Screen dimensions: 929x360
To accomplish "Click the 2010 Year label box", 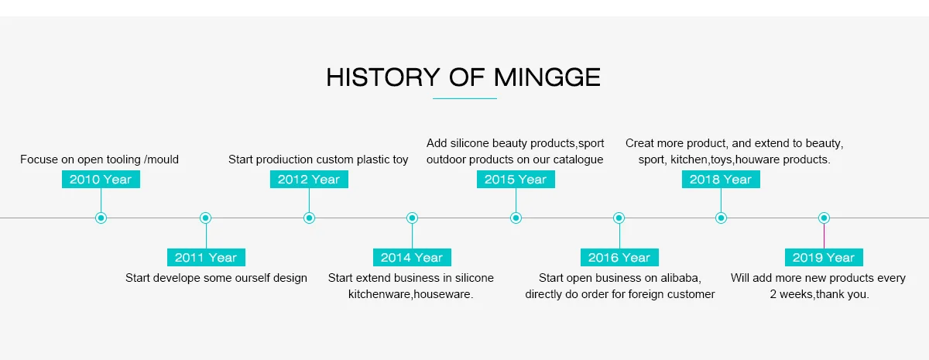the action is coord(101,179).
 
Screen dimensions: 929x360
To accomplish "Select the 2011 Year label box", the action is coord(206,258).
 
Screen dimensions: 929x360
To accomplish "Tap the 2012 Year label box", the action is coord(309,179).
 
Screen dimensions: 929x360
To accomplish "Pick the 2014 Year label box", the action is coord(412,258).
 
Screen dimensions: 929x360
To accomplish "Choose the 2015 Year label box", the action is coord(516,179).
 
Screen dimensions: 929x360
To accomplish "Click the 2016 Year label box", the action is coord(619,258).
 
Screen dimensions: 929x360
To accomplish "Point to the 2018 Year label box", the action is coord(721,179).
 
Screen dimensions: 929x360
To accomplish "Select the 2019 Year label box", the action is coord(824,258).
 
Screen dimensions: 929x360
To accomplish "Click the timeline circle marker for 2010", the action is coord(101,218).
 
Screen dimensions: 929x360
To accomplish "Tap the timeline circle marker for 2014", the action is coord(412,218).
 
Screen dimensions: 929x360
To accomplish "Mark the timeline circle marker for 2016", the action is coord(619,218).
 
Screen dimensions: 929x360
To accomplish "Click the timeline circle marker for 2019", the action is coord(824,218).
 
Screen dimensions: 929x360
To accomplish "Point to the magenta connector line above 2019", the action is coord(824,236).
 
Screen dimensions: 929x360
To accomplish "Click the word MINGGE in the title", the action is coord(547,77).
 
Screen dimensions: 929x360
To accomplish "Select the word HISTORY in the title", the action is coord(382,77).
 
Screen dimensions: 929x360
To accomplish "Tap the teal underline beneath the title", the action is coord(464,99).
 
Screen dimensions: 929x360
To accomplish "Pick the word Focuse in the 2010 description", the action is coord(39,159).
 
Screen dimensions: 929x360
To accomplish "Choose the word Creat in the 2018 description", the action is coord(639,143).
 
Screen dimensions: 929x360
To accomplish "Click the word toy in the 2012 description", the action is coord(400,160).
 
